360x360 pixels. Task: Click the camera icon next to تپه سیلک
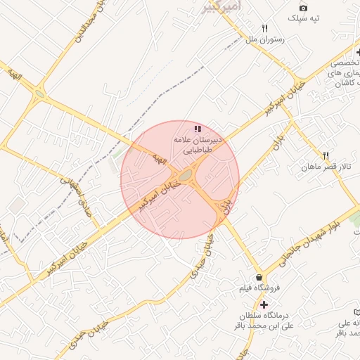303,7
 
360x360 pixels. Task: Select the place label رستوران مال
264,41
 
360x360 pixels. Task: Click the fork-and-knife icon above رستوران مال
264,29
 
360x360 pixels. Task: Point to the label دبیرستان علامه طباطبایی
198,145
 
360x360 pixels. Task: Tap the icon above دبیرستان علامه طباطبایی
198,129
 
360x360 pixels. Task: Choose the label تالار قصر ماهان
325,167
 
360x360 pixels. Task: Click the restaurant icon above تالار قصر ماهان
325,155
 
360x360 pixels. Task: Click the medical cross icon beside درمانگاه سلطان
264,304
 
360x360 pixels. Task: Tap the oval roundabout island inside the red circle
186,176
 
